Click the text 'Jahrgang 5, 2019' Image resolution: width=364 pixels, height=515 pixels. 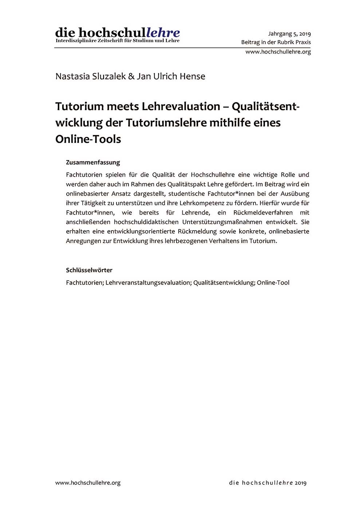point(289,34)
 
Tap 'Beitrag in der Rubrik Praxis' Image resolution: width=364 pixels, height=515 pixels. point(276,42)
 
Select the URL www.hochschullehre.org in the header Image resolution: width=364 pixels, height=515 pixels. point(278,52)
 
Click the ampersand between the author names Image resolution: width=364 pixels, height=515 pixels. point(131,76)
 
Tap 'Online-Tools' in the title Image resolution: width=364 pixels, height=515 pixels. point(88,139)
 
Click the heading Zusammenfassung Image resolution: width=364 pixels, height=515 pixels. point(93,162)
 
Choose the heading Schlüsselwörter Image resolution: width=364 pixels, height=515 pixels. point(89,270)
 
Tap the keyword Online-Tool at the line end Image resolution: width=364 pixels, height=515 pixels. point(273,283)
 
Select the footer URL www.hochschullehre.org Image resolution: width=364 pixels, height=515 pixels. point(88,483)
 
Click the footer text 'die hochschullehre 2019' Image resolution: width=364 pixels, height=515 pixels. point(268,483)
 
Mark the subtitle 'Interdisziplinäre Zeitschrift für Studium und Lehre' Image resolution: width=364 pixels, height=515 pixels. point(117,41)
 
